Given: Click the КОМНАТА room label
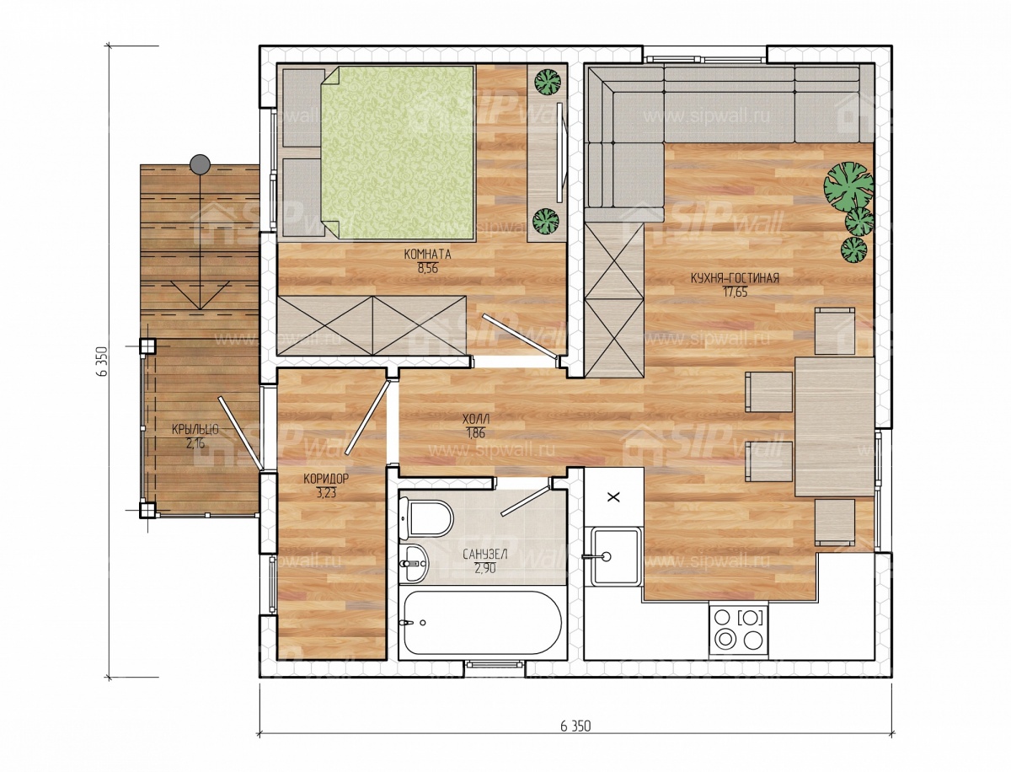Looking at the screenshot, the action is (x=427, y=255).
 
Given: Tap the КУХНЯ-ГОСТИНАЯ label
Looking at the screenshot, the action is (x=735, y=279).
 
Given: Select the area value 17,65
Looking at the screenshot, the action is (x=735, y=292).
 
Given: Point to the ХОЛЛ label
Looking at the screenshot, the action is (x=476, y=420).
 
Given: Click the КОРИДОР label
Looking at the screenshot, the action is (x=326, y=479).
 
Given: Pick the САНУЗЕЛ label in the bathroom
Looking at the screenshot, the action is (x=485, y=555).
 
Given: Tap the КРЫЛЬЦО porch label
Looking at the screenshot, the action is (x=195, y=430).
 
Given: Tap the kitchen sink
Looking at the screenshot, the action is (x=615, y=557).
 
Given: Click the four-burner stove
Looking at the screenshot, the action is (x=739, y=630).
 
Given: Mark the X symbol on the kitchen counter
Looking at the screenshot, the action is (x=614, y=497).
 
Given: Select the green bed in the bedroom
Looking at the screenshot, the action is (x=397, y=153).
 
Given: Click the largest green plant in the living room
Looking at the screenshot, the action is (x=849, y=185).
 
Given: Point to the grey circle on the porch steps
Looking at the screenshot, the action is (x=201, y=164).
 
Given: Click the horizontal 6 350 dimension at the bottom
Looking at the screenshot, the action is (x=575, y=726).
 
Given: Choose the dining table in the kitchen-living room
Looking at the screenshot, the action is (x=835, y=426).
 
